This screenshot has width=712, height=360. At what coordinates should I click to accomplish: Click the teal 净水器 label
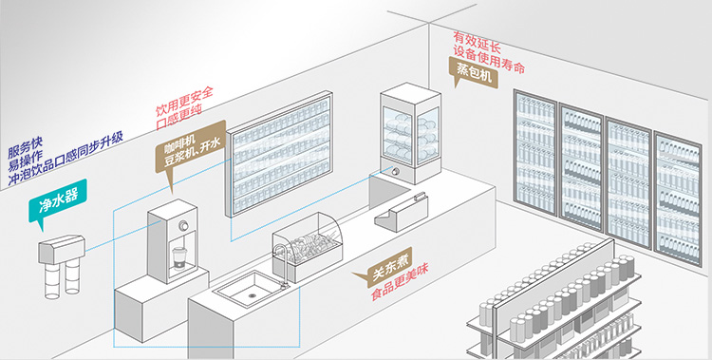(57, 201)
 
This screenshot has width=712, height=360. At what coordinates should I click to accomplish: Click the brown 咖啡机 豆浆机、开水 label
(191, 147)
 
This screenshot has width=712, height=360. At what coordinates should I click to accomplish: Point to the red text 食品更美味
(400, 283)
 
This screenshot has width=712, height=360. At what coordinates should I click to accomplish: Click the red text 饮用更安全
(184, 101)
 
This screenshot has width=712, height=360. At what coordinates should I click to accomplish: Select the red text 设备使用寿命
(489, 59)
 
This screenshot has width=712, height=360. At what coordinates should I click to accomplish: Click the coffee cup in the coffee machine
(179, 257)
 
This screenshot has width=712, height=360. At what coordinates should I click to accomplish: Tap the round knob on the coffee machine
(184, 225)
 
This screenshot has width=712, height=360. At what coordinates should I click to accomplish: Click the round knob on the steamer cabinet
(397, 171)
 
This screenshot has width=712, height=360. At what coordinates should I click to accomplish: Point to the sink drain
(252, 294)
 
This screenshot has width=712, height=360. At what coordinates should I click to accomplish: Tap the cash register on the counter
(402, 212)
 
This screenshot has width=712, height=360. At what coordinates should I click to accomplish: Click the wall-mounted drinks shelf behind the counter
(279, 154)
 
